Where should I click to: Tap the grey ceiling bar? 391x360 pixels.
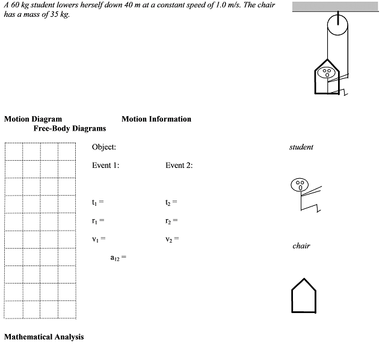click(x=340, y=6)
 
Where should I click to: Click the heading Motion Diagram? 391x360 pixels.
click(x=32, y=119)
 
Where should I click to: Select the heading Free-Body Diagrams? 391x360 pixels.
click(x=69, y=128)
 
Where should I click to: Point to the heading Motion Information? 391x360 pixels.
click(x=156, y=119)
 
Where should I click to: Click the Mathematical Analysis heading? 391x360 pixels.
click(x=44, y=337)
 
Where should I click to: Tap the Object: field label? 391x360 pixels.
click(x=104, y=147)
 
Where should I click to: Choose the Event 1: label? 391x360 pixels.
click(x=105, y=166)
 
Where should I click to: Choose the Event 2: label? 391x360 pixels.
click(x=179, y=166)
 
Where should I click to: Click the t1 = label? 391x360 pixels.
click(x=99, y=202)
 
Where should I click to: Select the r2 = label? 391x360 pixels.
click(x=171, y=221)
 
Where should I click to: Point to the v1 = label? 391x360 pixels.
click(x=99, y=239)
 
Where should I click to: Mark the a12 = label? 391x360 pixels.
click(x=118, y=258)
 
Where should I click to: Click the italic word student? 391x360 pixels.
click(x=301, y=147)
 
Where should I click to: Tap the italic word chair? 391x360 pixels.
click(x=301, y=246)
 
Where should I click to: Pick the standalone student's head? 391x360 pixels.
click(x=299, y=184)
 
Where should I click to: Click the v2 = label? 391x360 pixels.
click(x=172, y=239)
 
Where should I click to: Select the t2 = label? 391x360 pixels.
click(x=171, y=202)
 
